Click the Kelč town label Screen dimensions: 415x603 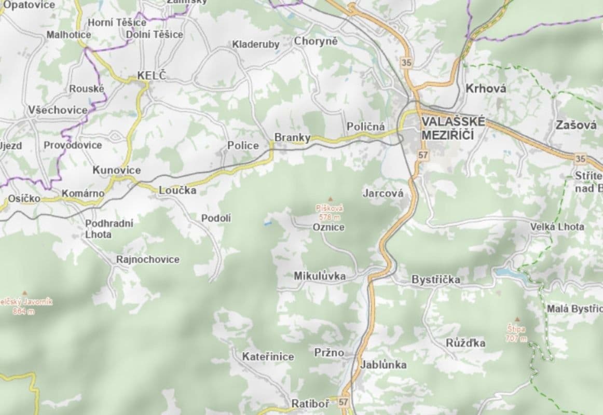[x=152, y=76]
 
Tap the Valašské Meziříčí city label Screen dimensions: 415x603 [x=453, y=128]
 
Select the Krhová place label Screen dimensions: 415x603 [x=485, y=88]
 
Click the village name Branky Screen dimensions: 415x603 [x=292, y=137]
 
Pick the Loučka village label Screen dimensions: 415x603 [x=177, y=190]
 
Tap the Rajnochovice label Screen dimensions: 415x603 [x=148, y=259]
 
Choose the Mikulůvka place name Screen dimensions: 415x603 [x=320, y=276]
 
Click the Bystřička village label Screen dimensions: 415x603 [x=435, y=280]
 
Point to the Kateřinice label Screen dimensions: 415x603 [x=268, y=357]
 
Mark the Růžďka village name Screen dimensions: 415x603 [x=465, y=343]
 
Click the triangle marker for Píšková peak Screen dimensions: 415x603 [x=329, y=199]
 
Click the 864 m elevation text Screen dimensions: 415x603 [x=24, y=311]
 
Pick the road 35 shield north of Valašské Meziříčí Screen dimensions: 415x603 [x=406, y=62]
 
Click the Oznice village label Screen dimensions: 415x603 [x=328, y=227]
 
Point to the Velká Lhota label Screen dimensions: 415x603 [x=557, y=227]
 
